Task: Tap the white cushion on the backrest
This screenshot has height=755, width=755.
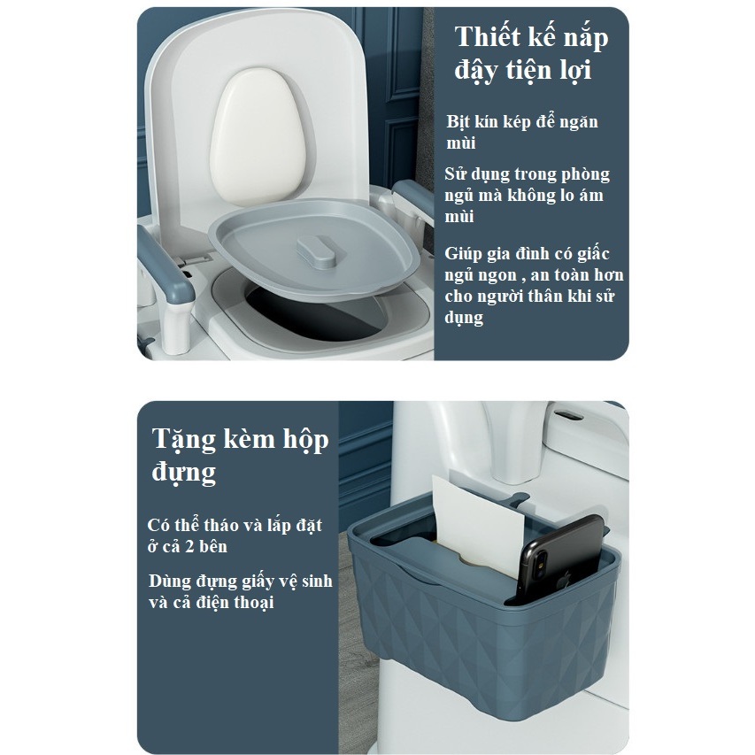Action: (x=258, y=136)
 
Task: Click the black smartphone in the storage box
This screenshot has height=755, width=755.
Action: (x=561, y=558)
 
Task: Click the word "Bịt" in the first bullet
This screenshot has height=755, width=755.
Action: (x=458, y=122)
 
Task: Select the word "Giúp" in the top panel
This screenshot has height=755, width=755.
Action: (x=464, y=255)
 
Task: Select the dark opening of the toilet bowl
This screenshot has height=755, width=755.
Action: (x=319, y=313)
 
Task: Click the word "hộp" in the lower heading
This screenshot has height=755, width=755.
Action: (x=305, y=440)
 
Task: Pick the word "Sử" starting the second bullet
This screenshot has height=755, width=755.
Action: (x=453, y=173)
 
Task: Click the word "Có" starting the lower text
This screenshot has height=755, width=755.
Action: (x=158, y=526)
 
